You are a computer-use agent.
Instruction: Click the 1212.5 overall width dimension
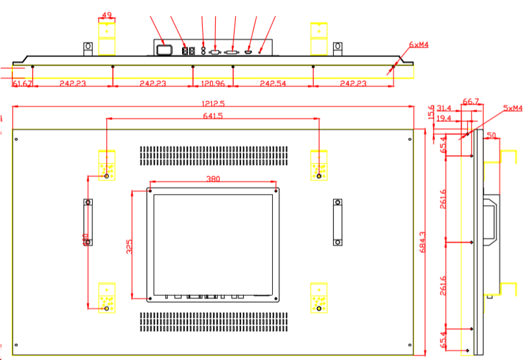pos(212,104)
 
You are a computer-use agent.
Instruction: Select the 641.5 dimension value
pos(213,115)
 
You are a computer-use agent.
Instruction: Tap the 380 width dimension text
pos(213,178)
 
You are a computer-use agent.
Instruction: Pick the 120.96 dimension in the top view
pos(212,84)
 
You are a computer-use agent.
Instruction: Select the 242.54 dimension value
pos(272,84)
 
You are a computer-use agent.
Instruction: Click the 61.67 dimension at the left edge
pos(22,84)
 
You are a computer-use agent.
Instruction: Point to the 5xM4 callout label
pos(512,108)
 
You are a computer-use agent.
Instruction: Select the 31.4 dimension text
pos(444,108)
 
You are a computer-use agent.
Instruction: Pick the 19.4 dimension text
pos(444,118)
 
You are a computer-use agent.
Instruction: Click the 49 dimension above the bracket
pos(107,15)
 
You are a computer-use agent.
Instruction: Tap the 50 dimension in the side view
pos(491,136)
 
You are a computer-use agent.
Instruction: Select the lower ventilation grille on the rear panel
pos(213,319)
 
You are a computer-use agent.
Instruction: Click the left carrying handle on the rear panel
pos(88,222)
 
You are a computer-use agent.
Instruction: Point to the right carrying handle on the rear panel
pos(337,222)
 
